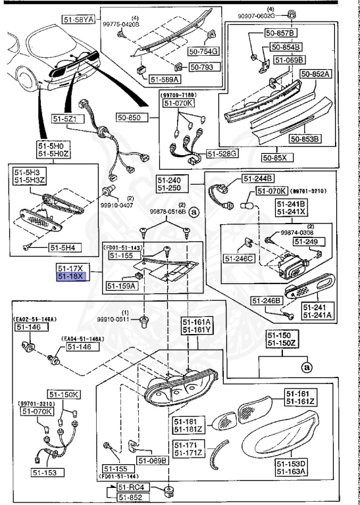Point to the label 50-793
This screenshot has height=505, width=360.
(x=202, y=66)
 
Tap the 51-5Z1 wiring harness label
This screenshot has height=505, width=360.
(x=66, y=119)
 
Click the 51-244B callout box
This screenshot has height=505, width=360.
(x=259, y=178)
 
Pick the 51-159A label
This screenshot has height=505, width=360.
(x=122, y=286)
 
